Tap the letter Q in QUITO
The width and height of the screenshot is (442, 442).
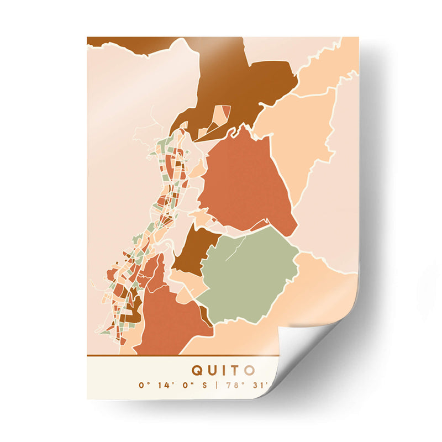point(197,369)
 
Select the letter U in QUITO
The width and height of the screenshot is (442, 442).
point(212,369)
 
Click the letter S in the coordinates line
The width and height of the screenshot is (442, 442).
point(205,385)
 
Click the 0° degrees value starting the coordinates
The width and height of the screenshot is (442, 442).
point(145,385)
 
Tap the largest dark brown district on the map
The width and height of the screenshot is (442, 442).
point(243,83)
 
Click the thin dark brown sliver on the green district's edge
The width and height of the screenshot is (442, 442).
point(206,315)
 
